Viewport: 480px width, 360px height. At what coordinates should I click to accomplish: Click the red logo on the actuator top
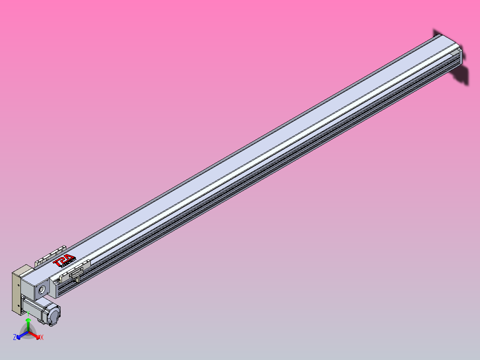[x=65, y=261]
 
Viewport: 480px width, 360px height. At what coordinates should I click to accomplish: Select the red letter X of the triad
[x=42, y=338]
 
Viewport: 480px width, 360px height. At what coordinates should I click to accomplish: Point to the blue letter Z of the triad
[x=15, y=338]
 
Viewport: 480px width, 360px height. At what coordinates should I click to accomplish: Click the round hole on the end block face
[x=42, y=290]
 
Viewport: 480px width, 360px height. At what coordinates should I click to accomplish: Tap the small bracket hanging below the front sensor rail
[x=77, y=279]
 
